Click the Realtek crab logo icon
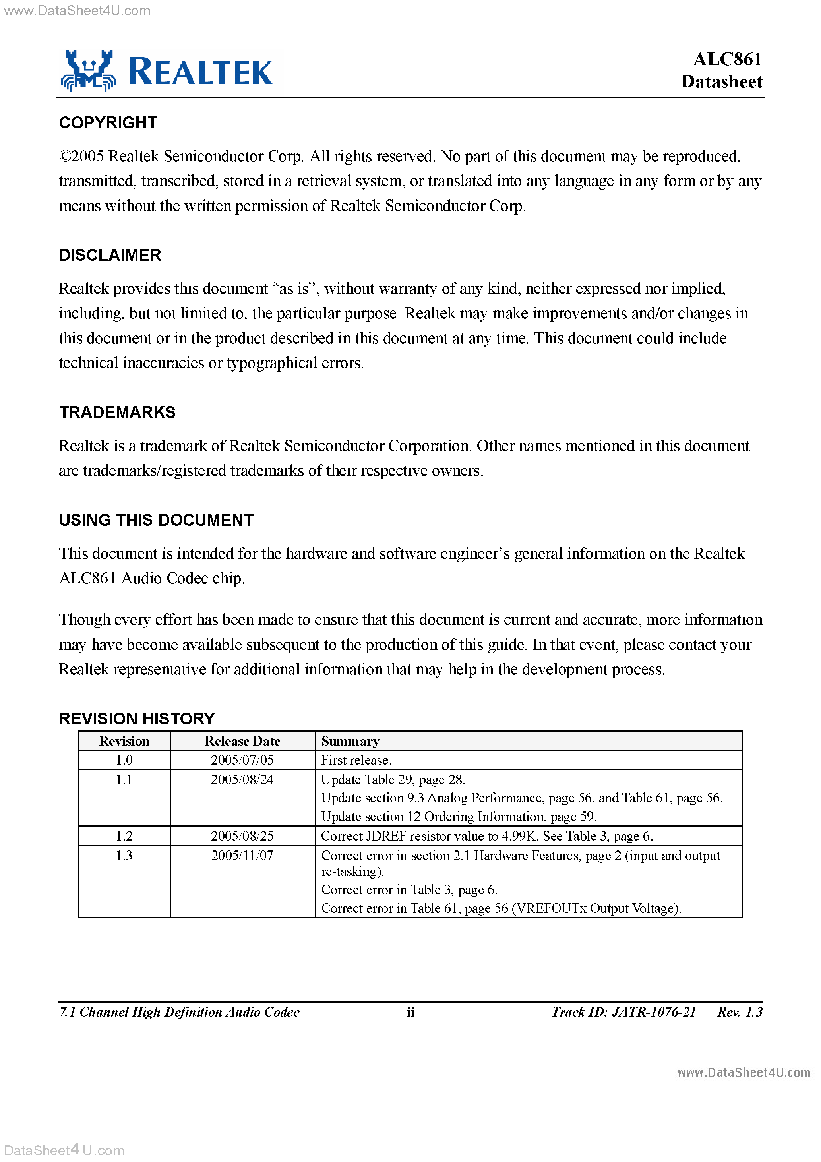click(x=89, y=71)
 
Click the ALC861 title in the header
click(x=727, y=59)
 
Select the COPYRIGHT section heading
click(x=108, y=122)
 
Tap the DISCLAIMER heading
click(x=110, y=255)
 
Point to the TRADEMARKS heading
click(x=118, y=413)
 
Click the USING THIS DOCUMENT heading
click(x=157, y=520)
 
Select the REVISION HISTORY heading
click(x=137, y=719)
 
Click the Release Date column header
click(x=242, y=741)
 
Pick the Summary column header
click(x=350, y=741)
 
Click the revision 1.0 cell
click(x=124, y=760)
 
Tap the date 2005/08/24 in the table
click(x=242, y=779)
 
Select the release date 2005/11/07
click(x=242, y=855)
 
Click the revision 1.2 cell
click(x=124, y=836)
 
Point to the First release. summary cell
click(x=356, y=760)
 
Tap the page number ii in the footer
click(x=410, y=1012)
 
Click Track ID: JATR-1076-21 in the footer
click(x=623, y=1012)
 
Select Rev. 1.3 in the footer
click(x=740, y=1012)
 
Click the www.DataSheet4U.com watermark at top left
click(x=77, y=11)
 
